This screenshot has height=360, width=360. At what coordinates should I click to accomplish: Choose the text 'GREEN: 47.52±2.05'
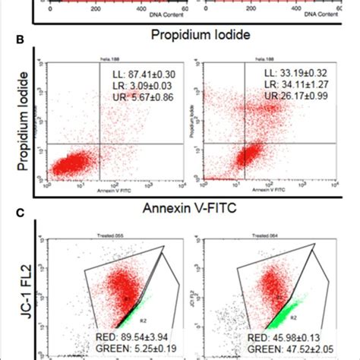coord(285,349)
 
